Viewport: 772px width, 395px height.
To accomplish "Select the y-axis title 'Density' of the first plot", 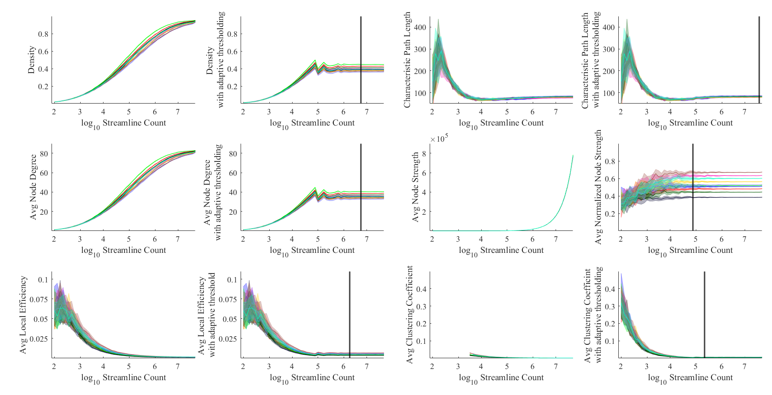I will tap(31, 60).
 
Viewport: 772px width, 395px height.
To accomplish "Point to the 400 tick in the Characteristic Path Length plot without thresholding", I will tap(420, 27).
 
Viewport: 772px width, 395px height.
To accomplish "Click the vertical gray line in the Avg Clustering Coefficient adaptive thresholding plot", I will tap(704, 314).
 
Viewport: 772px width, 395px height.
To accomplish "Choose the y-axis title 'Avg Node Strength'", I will tap(415, 187).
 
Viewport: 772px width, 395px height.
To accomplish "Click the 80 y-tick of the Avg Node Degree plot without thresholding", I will tap(44, 153).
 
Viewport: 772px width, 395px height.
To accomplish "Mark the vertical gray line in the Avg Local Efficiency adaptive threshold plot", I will tap(349, 314).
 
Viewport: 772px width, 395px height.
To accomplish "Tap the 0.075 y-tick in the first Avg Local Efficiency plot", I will tap(39, 300).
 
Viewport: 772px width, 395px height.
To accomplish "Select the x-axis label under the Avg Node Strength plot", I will tap(501, 250).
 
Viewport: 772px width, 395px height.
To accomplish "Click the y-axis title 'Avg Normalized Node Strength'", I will tap(599, 187).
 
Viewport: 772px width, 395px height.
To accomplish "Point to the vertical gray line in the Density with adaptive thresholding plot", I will tap(361, 60).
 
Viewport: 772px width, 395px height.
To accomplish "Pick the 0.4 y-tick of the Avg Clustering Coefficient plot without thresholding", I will tap(421, 289).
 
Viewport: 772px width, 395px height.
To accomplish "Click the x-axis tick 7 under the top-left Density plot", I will tap(178, 112).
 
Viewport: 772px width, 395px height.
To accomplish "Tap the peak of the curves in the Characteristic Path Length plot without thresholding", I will tap(438, 20).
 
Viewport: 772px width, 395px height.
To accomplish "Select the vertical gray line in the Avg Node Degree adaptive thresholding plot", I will tap(361, 187).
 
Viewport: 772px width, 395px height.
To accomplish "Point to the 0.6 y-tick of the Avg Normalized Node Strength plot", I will tap(610, 179).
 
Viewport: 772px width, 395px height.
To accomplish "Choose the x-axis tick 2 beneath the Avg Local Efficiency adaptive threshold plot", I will tap(243, 366).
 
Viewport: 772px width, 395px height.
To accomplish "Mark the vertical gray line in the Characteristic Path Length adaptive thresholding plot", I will tap(759, 60).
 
